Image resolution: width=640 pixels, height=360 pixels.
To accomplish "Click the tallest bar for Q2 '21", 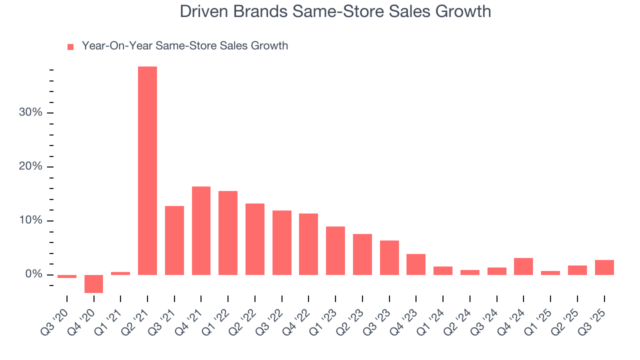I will pos(147,170).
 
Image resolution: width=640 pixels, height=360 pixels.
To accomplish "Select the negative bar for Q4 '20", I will pos(93,283).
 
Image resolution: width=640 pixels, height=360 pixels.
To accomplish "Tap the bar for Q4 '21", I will pos(201,230).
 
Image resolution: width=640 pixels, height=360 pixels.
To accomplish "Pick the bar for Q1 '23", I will pos(335,250).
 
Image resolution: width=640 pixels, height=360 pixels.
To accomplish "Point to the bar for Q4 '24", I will pos(523,266).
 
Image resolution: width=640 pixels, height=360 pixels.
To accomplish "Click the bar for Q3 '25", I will pos(604,267).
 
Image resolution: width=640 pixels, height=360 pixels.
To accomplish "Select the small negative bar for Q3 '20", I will pos(67,276).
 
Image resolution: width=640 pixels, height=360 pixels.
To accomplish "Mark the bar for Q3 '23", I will pos(389,257).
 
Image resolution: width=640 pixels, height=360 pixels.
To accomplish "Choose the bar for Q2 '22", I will pos(255,239).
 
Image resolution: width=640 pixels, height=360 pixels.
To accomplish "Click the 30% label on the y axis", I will pos(30,112).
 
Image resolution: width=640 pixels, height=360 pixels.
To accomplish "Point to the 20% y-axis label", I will pos(30,166).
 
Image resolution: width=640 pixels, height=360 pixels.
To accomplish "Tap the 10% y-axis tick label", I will pos(30,220).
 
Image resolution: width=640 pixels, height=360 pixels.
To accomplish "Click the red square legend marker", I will pos(70,46).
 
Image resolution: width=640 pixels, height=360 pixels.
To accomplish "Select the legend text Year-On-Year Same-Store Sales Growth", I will pos(185,46).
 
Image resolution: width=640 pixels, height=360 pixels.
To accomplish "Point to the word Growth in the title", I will pos(462,11).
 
